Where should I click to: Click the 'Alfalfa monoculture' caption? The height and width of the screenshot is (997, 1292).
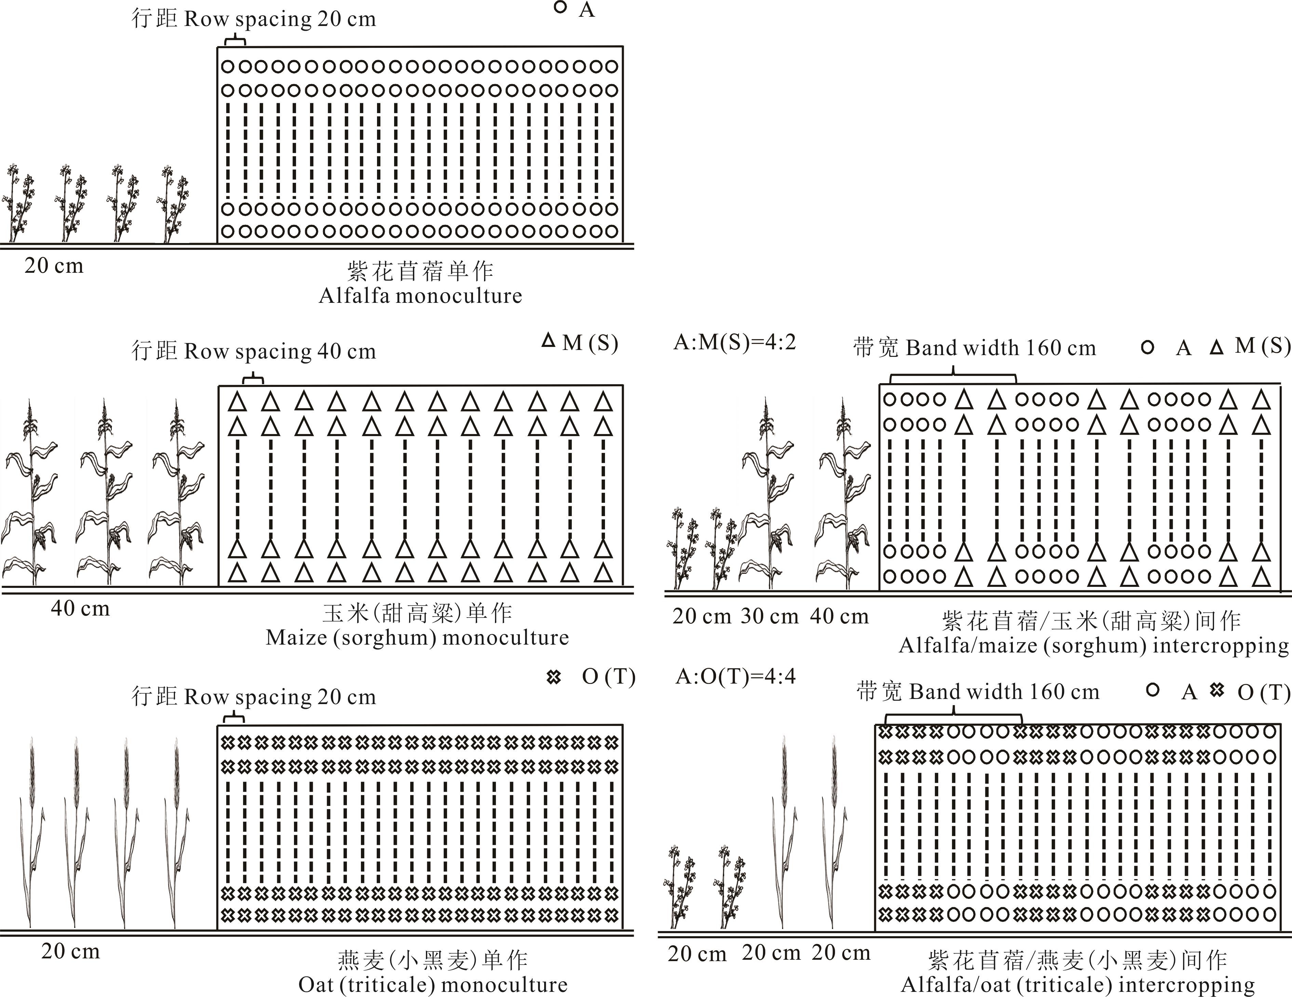pyautogui.click(x=420, y=295)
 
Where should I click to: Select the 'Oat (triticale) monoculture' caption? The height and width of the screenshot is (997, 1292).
pyautogui.click(x=432, y=985)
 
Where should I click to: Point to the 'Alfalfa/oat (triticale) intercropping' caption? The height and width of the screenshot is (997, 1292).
pyautogui.click(x=1078, y=985)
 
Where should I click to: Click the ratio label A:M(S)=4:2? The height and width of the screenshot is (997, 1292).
pyautogui.click(x=735, y=342)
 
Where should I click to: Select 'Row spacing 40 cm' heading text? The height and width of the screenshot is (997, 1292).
pyautogui.click(x=280, y=351)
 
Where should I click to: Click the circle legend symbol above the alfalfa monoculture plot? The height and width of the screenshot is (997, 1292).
pyautogui.click(x=560, y=8)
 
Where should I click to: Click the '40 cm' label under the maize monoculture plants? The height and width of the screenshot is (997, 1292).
pyautogui.click(x=80, y=608)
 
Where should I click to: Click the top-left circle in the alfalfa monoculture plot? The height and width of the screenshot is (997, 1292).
pyautogui.click(x=228, y=66)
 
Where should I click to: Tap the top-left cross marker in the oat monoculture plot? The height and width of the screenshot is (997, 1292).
pyautogui.click(x=227, y=742)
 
